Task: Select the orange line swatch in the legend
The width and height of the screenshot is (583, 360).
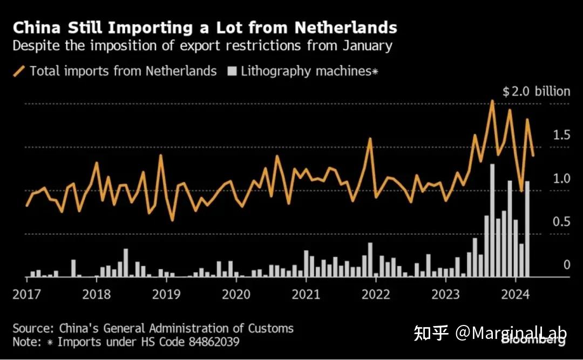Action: (19, 71)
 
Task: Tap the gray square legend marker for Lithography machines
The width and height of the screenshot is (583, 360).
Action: (232, 71)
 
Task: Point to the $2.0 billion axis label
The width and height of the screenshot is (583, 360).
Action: (536, 91)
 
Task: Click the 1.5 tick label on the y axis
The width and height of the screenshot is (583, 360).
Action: (561, 135)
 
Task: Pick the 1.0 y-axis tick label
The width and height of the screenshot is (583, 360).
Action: (561, 179)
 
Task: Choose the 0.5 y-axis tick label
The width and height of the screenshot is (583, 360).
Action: (561, 222)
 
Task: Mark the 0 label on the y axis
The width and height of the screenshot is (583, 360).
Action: (567, 265)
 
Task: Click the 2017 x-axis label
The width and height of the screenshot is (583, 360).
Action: (27, 295)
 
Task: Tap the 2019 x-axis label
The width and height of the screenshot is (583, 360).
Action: (166, 295)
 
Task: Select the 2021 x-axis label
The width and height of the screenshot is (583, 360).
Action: (306, 295)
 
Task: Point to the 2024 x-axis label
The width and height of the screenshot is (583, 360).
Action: (516, 295)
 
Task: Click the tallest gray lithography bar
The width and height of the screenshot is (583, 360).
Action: (492, 221)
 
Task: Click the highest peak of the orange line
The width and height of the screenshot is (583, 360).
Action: (492, 101)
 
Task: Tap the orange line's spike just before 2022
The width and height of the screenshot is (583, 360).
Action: (370, 139)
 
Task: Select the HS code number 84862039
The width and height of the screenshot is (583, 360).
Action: (214, 342)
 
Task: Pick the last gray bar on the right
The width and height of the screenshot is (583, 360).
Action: (527, 229)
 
